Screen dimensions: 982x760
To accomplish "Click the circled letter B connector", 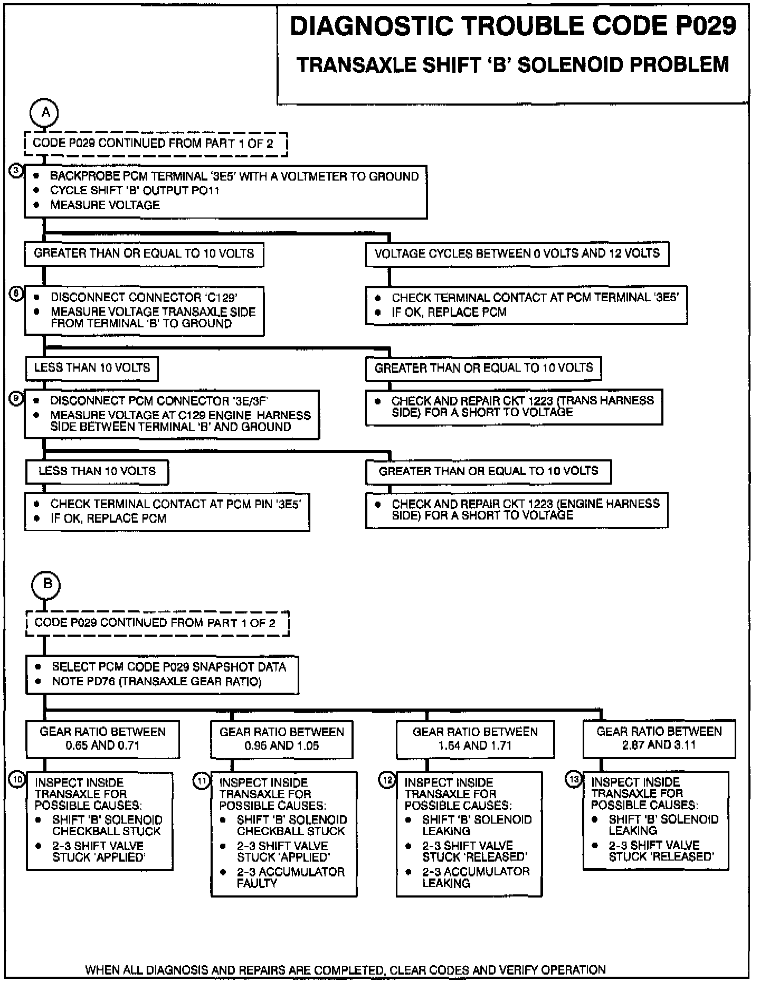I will point(46,584).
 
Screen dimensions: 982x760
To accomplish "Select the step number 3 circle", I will point(17,171).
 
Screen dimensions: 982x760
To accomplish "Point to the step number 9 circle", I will point(17,400).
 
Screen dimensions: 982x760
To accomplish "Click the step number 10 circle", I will point(18,779).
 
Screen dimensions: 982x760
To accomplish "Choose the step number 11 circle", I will point(203,780).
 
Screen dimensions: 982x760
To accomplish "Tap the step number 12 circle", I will point(387,780).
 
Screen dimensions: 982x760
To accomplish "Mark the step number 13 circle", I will point(574,779).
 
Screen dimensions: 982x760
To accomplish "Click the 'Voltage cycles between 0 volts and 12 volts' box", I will point(517,254).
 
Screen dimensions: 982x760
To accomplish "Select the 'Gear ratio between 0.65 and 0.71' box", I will point(102,739).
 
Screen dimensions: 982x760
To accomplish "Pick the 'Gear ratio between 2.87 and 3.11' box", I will point(659,738).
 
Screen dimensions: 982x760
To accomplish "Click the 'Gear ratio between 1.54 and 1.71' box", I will point(475,739).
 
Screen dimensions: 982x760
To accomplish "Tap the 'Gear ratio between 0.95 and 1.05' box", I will point(281,739).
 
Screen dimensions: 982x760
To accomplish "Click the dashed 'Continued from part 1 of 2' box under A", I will point(156,144).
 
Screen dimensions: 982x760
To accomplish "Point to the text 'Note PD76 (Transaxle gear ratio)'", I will point(156,682).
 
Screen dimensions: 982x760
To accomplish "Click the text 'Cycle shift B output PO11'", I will point(134,191).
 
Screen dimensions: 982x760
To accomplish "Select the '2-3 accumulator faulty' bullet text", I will point(290,877).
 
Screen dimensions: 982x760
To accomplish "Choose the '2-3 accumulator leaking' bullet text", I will point(476,877).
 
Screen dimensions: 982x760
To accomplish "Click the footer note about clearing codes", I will point(345,969).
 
